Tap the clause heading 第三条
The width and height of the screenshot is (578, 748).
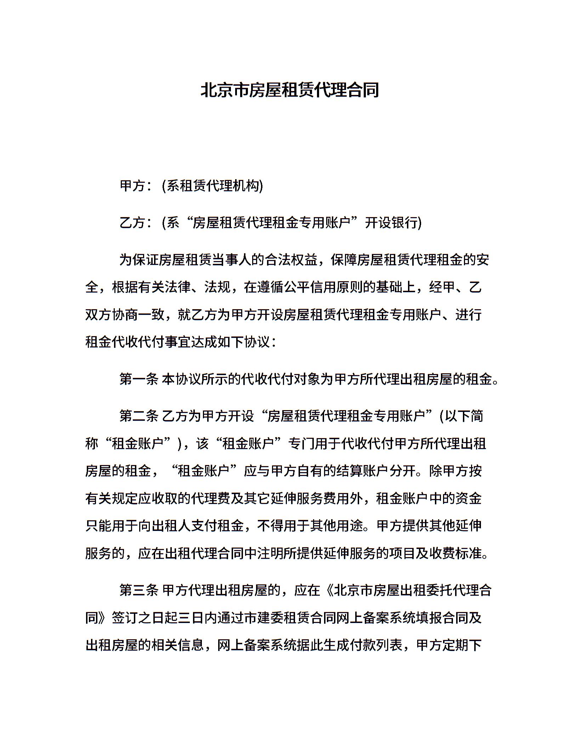[x=138, y=591]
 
